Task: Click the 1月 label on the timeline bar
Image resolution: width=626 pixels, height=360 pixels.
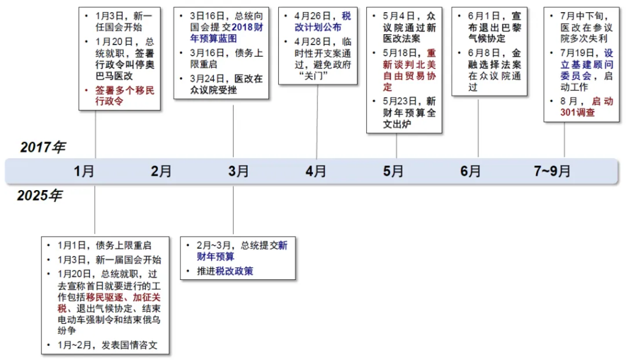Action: coord(84,171)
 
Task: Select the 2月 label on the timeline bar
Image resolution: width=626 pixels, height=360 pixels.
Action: coord(161,171)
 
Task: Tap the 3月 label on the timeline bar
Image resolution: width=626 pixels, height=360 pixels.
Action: coord(238,171)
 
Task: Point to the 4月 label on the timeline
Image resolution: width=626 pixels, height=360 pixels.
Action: coord(316,171)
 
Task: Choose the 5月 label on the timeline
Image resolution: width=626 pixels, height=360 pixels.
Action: coord(393,171)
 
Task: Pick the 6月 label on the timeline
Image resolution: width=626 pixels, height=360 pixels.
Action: coord(470,171)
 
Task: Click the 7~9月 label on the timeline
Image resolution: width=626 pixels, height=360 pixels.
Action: coord(552,171)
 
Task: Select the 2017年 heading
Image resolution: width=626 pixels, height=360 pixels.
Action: coord(43,147)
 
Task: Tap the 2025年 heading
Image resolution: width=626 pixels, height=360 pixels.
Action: coord(40,196)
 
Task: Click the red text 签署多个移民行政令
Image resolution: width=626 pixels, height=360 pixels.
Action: coord(125,96)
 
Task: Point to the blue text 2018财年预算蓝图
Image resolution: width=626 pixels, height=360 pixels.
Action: coord(226,33)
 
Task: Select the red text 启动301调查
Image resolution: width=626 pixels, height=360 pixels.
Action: coord(586,107)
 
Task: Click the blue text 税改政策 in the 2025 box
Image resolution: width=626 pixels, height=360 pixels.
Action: coord(234,271)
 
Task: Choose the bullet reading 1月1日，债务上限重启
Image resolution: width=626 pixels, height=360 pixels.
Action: coord(104,245)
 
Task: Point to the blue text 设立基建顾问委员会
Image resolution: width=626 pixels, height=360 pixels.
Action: coord(586,64)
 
